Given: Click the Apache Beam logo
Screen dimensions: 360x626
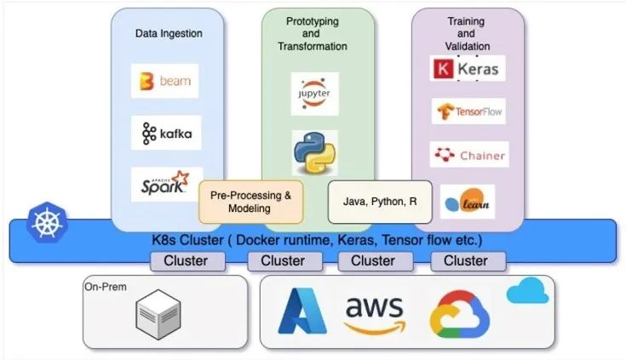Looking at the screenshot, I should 165,82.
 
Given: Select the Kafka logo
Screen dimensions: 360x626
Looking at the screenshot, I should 167,133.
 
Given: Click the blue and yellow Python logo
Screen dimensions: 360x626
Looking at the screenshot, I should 314,152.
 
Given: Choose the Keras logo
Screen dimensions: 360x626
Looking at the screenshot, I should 468,68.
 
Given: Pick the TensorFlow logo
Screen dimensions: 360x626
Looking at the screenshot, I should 468,111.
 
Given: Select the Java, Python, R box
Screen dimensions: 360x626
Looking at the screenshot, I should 380,202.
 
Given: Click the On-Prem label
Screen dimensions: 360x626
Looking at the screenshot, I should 106,287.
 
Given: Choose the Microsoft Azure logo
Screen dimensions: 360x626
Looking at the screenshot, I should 303,311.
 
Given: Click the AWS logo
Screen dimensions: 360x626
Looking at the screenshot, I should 374,313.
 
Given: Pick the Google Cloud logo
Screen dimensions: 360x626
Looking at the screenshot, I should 459,315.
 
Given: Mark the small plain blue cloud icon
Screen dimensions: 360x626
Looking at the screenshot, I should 528,293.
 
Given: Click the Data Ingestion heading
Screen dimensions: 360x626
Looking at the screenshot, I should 169,33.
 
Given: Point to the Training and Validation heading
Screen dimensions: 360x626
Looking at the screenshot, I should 467,33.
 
